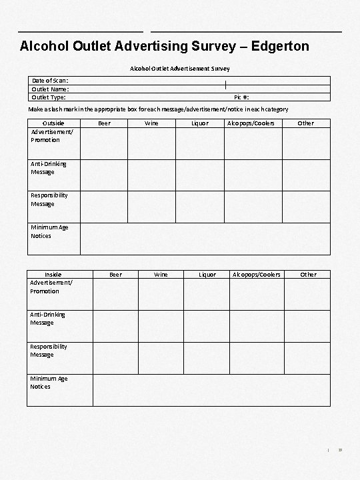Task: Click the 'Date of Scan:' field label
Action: pyautogui.click(x=49, y=81)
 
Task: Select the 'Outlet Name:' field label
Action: pyautogui.click(x=50, y=89)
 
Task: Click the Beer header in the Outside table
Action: pyautogui.click(x=104, y=123)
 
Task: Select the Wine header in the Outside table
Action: pyautogui.click(x=152, y=123)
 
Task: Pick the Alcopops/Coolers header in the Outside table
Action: pyautogui.click(x=251, y=123)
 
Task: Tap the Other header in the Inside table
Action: pyautogui.click(x=308, y=275)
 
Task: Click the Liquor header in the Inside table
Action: pyautogui.click(x=207, y=275)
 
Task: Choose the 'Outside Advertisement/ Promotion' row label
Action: pyautogui.click(x=53, y=131)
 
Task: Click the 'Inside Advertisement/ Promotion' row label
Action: pyautogui.click(x=53, y=283)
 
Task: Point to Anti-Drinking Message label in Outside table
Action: pyautogui.click(x=49, y=168)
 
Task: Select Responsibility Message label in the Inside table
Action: pyautogui.click(x=49, y=351)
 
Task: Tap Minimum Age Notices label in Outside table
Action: pyautogui.click(x=49, y=231)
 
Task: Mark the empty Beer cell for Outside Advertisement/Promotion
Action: pyautogui.click(x=104, y=143)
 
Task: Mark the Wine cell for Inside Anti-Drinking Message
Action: pyautogui.click(x=161, y=325)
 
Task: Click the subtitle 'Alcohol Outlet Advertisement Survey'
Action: pyautogui.click(x=179, y=69)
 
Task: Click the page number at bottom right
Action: pyautogui.click(x=340, y=451)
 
